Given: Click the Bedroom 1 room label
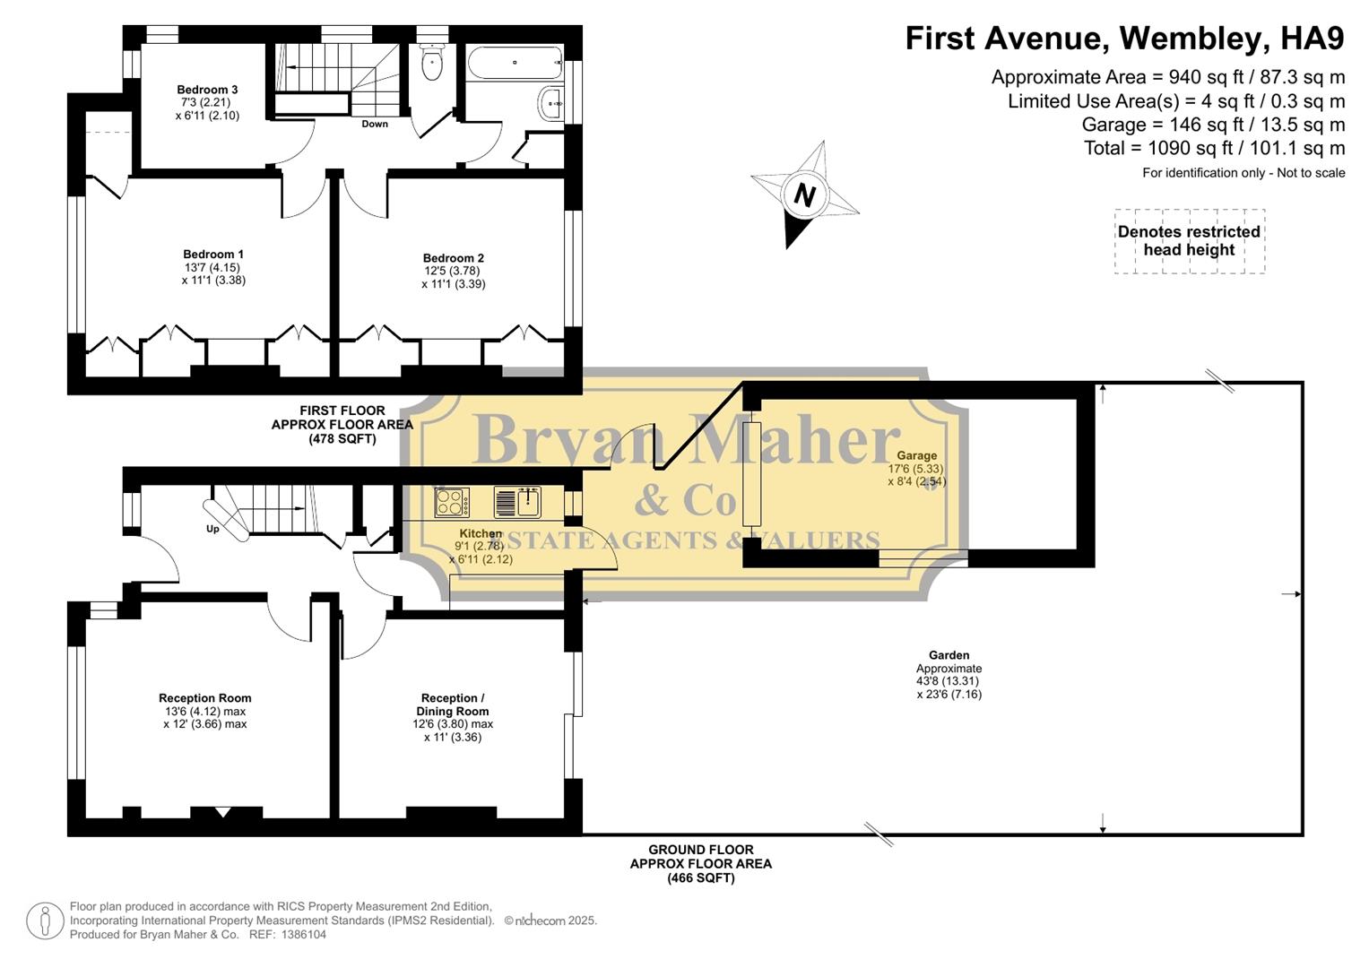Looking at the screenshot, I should (x=213, y=255).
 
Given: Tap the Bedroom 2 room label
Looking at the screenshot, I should (x=454, y=258).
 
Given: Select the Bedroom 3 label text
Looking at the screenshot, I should (x=207, y=90).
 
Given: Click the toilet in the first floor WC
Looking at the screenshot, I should (x=432, y=64).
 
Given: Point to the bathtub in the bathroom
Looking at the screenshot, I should (x=513, y=63).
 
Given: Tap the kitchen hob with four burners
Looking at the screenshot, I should (x=451, y=502).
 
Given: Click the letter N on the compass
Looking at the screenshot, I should (x=804, y=194).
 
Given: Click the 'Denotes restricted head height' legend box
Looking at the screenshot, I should (x=1189, y=241).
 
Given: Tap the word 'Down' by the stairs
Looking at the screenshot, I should (x=375, y=124).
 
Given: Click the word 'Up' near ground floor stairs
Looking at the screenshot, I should (x=212, y=529).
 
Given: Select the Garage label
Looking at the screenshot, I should (x=916, y=455).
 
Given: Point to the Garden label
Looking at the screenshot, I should (x=949, y=655).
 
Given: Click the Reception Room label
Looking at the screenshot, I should (x=204, y=698).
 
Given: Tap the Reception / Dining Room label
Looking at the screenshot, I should (x=453, y=704).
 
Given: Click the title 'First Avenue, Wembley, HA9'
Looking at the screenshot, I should (x=1124, y=39).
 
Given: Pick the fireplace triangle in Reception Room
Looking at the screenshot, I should (x=223, y=813).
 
